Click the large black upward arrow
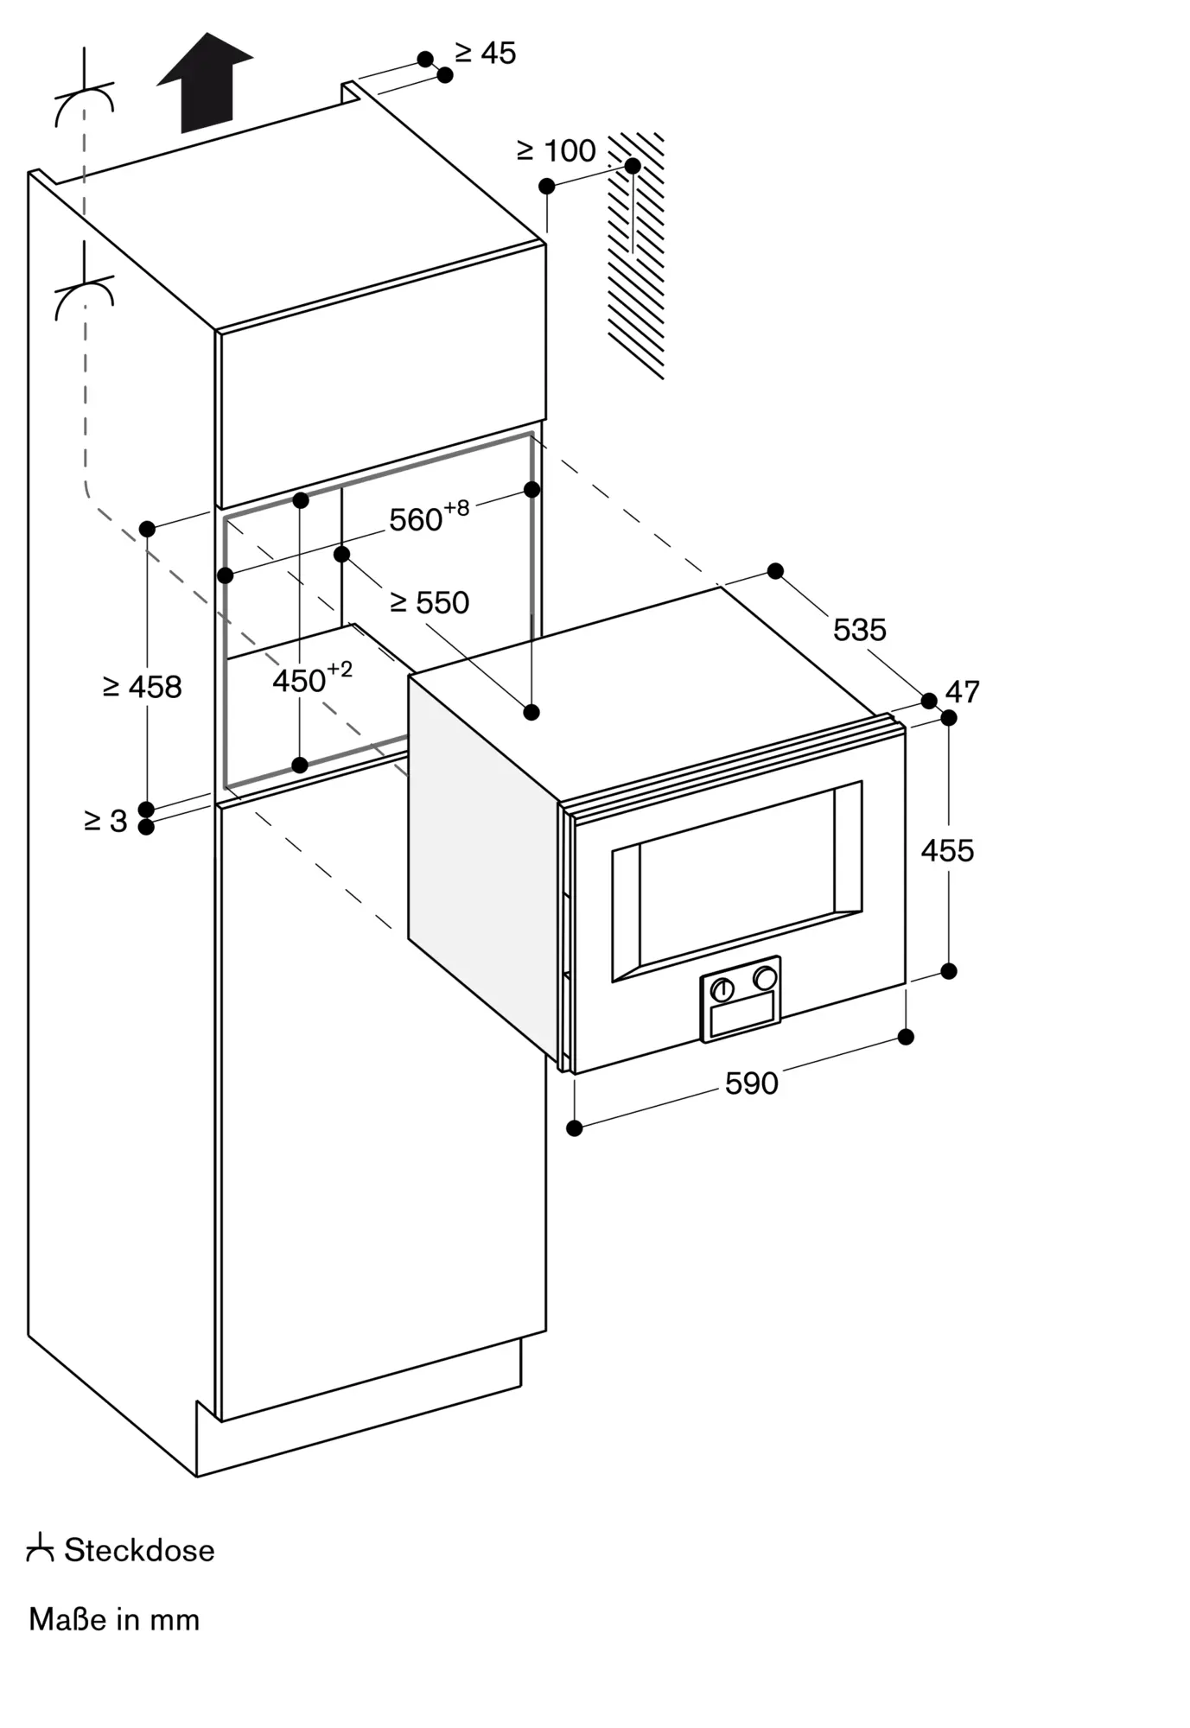(x=205, y=83)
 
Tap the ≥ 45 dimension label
(x=486, y=53)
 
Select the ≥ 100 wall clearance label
(x=557, y=150)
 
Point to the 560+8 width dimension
(x=430, y=518)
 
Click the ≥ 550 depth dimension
(x=430, y=602)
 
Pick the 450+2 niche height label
(x=313, y=678)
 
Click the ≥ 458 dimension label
(x=143, y=687)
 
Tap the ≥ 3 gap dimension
(x=105, y=821)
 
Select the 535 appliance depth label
(x=860, y=629)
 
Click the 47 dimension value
(x=963, y=691)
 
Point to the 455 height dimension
(x=947, y=850)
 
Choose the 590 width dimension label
(x=752, y=1083)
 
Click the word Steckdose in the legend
(x=139, y=1550)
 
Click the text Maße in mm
(x=114, y=1619)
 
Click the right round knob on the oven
(x=765, y=978)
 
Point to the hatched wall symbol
(x=636, y=256)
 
